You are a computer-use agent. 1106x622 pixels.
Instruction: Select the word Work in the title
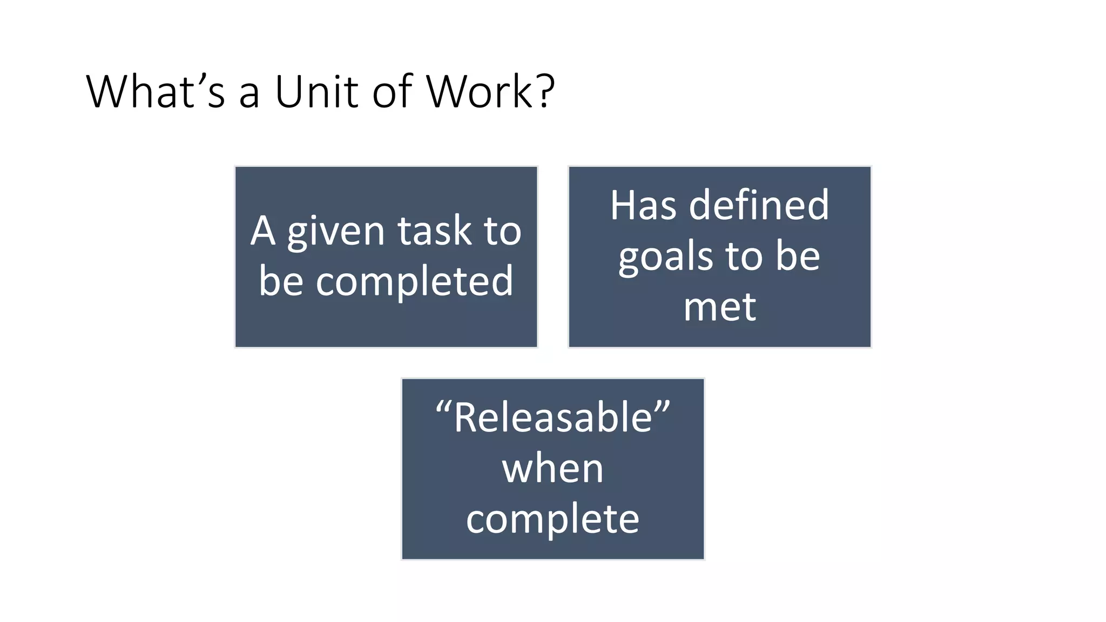click(x=480, y=92)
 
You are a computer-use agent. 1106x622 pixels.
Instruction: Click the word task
click(x=435, y=231)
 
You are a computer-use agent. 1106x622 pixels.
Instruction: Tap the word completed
click(x=414, y=282)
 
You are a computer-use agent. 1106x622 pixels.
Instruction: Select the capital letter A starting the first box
click(x=263, y=231)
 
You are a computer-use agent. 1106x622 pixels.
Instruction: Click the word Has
click(x=643, y=206)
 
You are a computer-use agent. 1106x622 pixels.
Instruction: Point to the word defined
click(x=759, y=206)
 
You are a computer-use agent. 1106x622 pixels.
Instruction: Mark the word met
click(x=719, y=307)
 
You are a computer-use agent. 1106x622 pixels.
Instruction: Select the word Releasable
click(x=553, y=418)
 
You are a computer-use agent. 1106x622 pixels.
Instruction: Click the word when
click(x=552, y=469)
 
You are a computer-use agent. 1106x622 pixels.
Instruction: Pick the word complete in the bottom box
click(x=552, y=520)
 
